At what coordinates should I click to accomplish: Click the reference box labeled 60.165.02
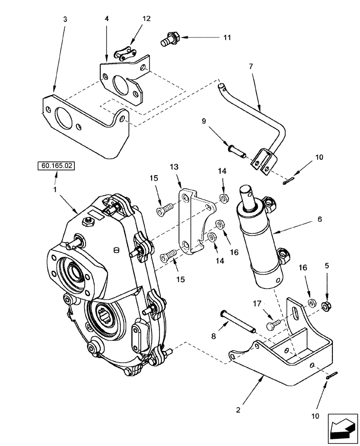pos(56,167)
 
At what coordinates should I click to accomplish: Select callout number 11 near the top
pos(227,37)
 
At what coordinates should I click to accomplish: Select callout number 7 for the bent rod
pos(250,66)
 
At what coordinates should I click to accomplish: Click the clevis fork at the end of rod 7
pos(260,161)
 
